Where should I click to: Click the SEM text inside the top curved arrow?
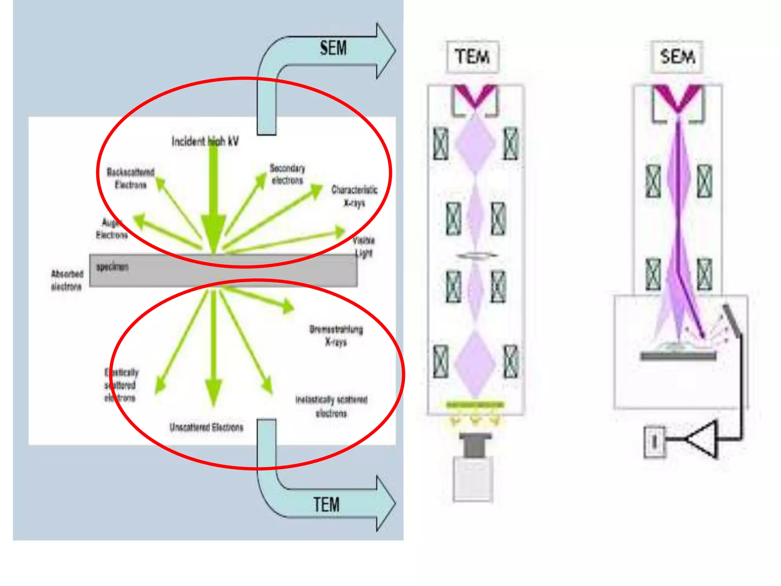click(333, 48)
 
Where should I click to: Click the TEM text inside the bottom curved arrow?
click(326, 504)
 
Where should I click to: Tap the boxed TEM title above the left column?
click(472, 57)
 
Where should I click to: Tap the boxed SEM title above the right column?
click(677, 57)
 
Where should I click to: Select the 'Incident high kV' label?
click(205, 141)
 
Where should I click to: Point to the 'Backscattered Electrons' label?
click(131, 178)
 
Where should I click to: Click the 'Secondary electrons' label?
click(288, 174)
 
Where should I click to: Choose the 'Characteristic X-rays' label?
click(354, 196)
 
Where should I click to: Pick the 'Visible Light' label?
click(364, 246)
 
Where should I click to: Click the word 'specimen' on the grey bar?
click(112, 267)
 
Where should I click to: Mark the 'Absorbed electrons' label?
click(67, 280)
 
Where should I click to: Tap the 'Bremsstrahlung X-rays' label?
click(336, 335)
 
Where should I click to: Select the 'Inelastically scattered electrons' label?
click(331, 406)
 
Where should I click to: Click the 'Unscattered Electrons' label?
click(206, 427)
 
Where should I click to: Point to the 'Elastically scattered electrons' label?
click(121, 385)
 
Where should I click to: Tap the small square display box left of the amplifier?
click(654, 441)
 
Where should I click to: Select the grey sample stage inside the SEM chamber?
click(678, 356)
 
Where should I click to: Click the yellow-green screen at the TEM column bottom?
click(475, 404)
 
